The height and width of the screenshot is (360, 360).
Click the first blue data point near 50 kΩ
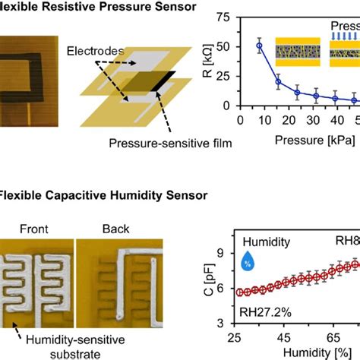point(260,46)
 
